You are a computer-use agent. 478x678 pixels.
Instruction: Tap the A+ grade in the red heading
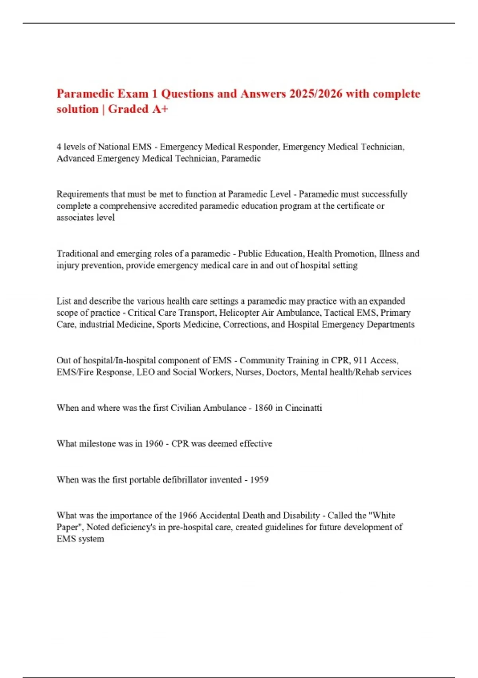coord(160,109)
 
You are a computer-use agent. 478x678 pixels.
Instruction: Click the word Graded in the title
coord(128,109)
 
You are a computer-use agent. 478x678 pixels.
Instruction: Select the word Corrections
coord(245,325)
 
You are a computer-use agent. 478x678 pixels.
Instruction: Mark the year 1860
coord(263,408)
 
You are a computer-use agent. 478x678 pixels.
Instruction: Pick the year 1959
coord(259,479)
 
